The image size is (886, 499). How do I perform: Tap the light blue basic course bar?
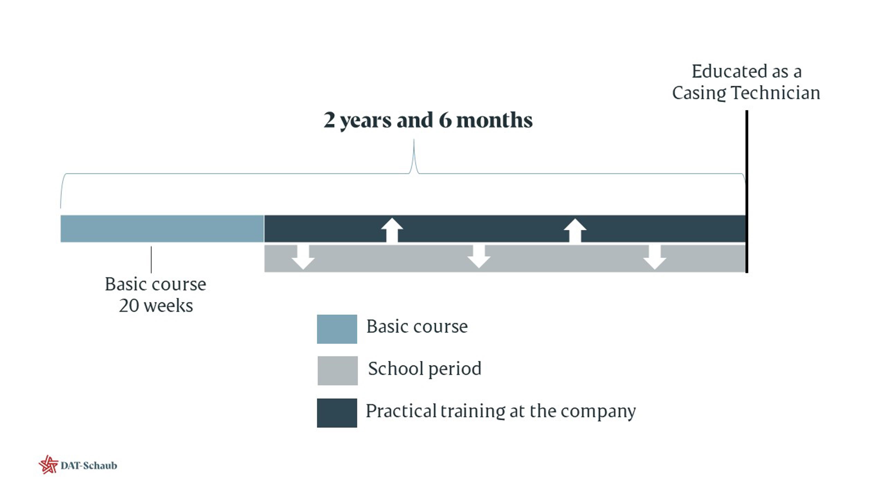pos(162,229)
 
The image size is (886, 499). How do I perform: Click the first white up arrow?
pos(392,230)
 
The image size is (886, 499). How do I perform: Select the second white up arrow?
pos(575,230)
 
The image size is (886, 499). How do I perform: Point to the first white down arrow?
pos(303,257)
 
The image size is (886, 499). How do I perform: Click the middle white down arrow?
pos(479,257)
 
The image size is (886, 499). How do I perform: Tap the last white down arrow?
pos(655,257)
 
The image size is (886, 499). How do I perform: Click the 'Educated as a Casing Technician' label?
pos(746,82)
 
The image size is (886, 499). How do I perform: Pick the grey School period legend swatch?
pos(337,371)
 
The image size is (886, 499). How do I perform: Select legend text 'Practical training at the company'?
pos(501,411)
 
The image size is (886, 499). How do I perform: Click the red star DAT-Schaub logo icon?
pos(48,465)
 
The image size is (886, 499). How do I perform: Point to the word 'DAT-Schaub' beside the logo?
pos(89,466)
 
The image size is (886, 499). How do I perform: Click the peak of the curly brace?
pos(414,140)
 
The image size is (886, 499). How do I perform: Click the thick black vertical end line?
pos(747,192)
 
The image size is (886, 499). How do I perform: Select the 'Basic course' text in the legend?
pos(417,326)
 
